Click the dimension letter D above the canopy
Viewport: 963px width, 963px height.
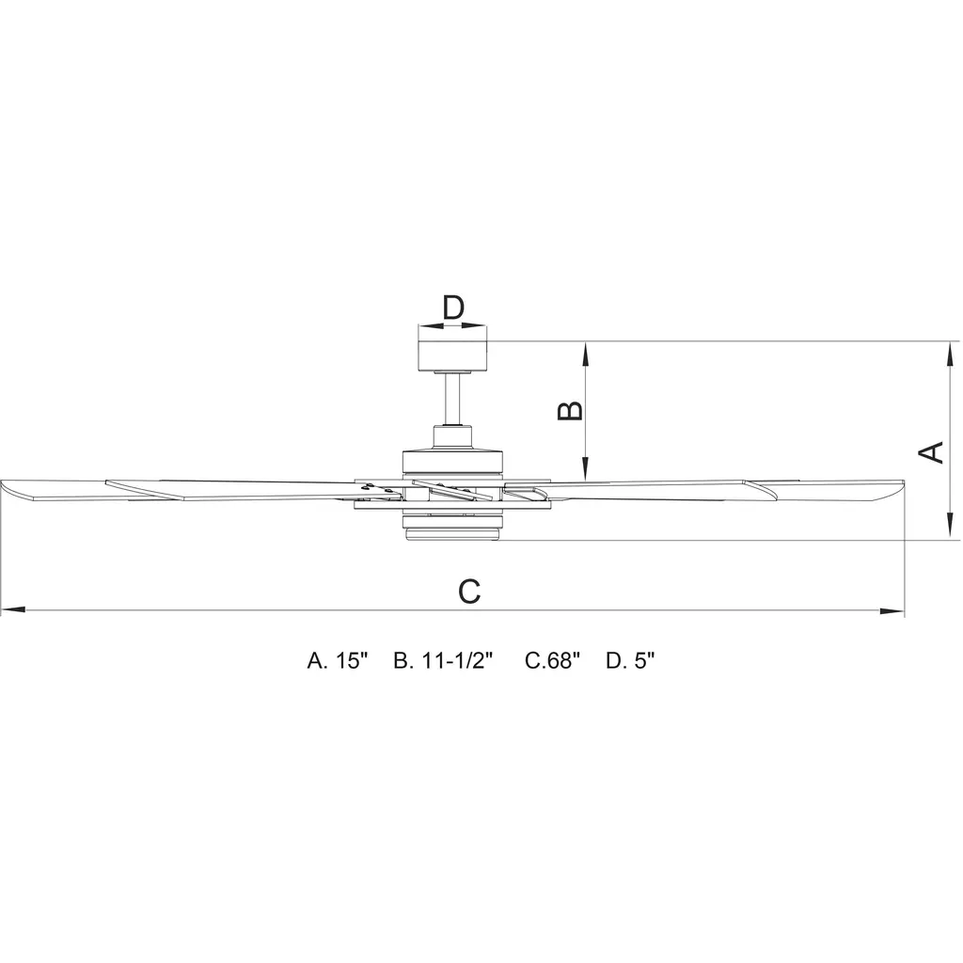click(x=453, y=308)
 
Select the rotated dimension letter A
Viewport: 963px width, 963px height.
click(x=930, y=452)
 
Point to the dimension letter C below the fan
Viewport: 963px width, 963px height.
click(x=469, y=592)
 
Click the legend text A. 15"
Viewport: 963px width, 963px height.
click(x=337, y=661)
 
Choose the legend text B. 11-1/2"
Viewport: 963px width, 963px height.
click(x=444, y=661)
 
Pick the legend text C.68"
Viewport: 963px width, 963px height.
click(x=552, y=661)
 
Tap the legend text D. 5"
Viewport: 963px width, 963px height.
click(x=630, y=661)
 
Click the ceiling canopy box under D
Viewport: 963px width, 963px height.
click(x=452, y=355)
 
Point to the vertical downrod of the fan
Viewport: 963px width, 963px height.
click(x=452, y=400)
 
